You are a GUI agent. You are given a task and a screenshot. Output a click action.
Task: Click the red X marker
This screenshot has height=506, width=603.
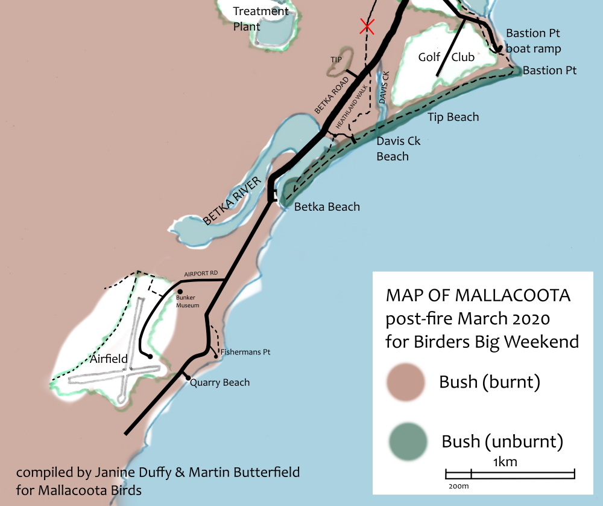367,26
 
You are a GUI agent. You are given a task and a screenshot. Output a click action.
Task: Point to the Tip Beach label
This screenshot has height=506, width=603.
453,117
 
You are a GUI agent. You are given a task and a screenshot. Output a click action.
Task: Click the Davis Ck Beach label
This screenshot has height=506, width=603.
398,149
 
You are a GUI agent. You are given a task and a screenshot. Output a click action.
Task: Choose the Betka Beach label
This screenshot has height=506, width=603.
327,207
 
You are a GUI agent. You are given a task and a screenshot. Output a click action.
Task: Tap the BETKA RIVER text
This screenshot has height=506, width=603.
234,202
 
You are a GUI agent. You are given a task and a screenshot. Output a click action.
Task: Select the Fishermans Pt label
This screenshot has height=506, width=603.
244,351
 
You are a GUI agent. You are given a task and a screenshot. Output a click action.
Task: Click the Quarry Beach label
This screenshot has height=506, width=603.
219,382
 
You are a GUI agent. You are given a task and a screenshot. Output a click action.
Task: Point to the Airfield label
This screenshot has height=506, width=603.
109,359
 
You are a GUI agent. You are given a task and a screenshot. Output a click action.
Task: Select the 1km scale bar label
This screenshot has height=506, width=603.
505,463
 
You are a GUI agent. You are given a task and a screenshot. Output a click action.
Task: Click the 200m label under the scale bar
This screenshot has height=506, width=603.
459,485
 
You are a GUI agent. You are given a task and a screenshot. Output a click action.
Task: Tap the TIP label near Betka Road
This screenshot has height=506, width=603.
336,60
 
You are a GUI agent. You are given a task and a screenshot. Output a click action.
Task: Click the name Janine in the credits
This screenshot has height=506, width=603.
112,472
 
